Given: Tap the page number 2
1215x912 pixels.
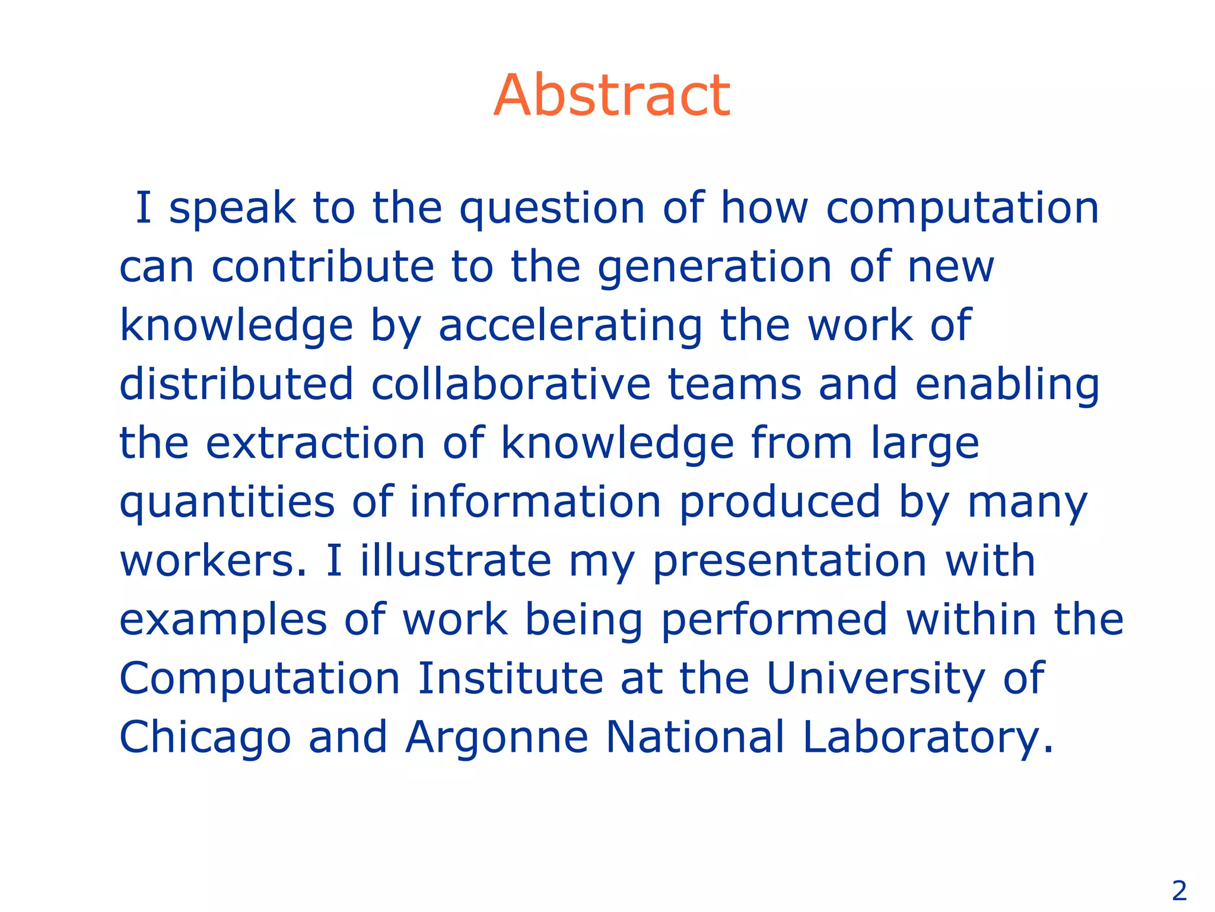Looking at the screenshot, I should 1179,891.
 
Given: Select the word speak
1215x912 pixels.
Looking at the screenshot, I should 233,209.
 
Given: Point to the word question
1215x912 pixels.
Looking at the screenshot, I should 552,209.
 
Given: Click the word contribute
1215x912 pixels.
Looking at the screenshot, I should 323,267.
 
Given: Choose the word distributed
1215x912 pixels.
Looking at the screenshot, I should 237,384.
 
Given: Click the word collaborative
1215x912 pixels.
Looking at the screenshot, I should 511,384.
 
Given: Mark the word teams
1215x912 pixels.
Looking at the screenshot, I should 734,384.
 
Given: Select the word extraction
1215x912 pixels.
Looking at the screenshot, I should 316,444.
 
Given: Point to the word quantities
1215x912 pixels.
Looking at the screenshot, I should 227,502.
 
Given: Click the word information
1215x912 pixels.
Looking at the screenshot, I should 535,502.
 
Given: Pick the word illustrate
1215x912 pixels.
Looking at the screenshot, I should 456,561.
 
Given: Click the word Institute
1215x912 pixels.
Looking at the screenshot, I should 510,678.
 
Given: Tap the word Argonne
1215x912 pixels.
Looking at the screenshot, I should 497,737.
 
